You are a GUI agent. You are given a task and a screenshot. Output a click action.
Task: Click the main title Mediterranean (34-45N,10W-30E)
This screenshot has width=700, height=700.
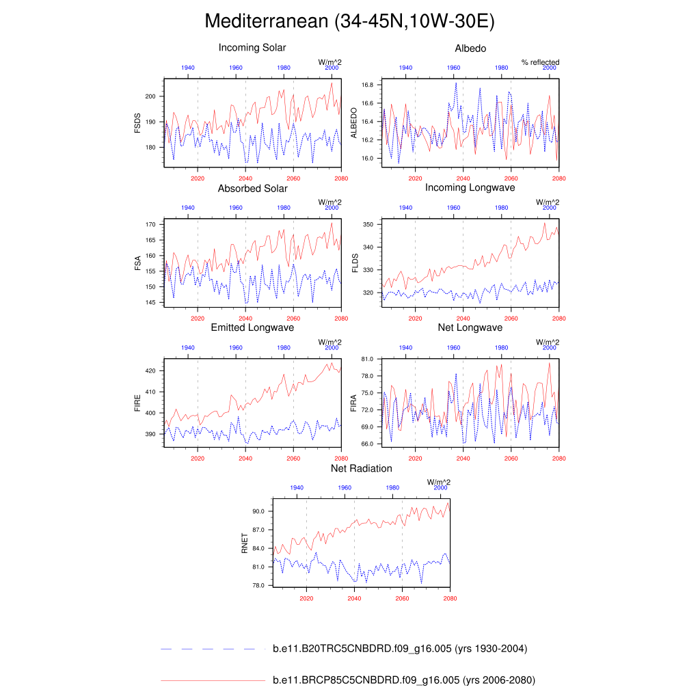click(349, 22)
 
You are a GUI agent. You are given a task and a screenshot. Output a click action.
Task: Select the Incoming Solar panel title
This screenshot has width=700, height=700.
click(252, 48)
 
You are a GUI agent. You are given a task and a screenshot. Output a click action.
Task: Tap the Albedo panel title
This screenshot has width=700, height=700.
click(470, 48)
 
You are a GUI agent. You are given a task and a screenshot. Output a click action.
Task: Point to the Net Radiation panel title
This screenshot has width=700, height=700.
click(361, 468)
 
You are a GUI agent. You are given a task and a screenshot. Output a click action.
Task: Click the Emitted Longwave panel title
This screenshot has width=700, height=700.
click(252, 328)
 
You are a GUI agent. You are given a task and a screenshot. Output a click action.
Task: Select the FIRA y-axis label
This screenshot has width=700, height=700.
click(353, 403)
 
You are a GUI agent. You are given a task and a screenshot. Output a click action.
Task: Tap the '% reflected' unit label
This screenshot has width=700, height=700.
click(540, 62)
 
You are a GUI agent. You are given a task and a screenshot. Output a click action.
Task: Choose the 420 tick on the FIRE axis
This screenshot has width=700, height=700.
click(152, 371)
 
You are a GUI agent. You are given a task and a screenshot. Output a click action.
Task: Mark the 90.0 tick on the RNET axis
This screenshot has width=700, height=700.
click(258, 511)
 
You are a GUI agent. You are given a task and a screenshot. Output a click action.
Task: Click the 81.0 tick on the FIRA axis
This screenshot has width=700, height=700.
click(367, 359)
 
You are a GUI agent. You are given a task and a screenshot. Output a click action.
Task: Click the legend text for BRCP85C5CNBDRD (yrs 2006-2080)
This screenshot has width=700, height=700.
click(403, 680)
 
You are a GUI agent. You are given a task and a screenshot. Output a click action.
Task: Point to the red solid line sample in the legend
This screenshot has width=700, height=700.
click(213, 681)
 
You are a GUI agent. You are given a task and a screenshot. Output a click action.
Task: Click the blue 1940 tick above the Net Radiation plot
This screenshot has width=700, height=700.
click(297, 487)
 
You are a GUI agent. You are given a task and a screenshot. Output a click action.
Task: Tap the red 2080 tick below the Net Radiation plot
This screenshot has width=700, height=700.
click(449, 598)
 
